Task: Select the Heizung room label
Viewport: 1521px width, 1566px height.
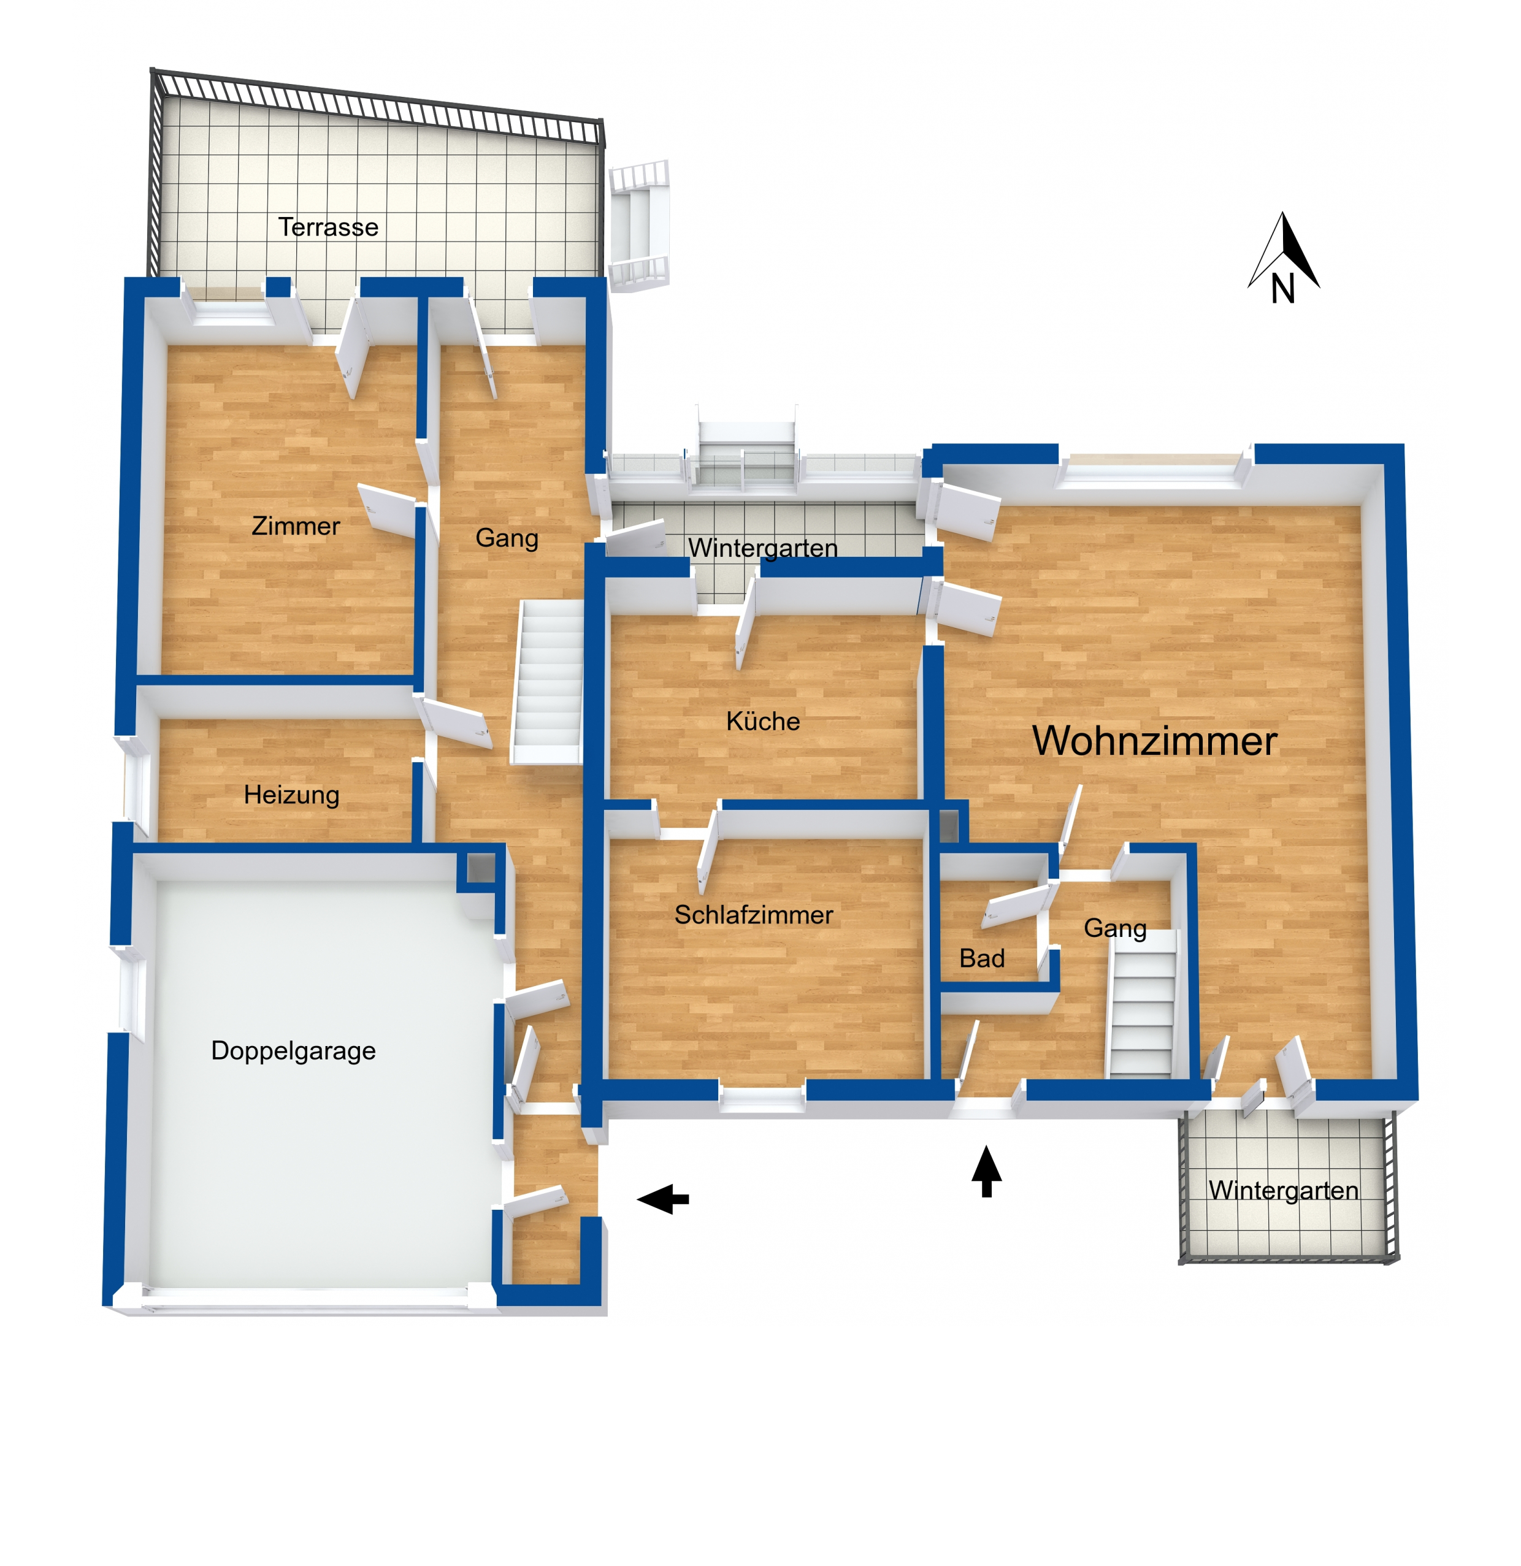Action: tap(292, 796)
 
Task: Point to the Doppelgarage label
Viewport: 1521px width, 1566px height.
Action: tap(293, 1052)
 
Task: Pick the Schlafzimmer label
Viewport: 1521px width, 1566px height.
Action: tap(754, 915)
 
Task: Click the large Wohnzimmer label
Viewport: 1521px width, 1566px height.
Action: tap(1154, 741)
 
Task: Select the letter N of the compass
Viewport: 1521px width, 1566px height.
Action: tap(1283, 289)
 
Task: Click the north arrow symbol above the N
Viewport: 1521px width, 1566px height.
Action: tap(1284, 250)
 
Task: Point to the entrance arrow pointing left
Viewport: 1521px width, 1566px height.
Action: tap(662, 1199)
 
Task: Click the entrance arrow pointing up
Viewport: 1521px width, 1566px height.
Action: tap(986, 1171)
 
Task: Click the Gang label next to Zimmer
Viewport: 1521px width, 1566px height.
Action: tap(507, 538)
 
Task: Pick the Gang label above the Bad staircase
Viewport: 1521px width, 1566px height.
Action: tap(1115, 928)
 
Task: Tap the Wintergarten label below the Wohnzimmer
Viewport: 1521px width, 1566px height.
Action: tap(1283, 1191)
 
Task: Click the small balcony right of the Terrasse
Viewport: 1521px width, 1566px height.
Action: tap(638, 225)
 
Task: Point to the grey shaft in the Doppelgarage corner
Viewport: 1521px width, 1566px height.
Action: tap(480, 868)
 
